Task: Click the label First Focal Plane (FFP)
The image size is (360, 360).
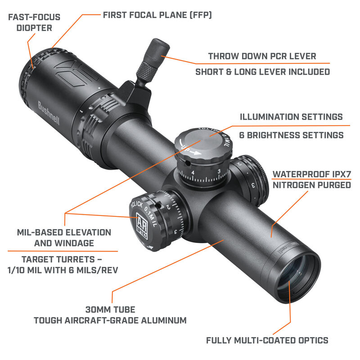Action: tap(157, 15)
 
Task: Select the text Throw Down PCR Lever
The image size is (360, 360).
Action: tap(262, 56)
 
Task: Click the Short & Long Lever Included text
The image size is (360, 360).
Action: tap(262, 72)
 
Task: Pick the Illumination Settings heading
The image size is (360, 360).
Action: tap(291, 117)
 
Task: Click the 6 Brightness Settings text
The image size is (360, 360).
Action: tap(291, 135)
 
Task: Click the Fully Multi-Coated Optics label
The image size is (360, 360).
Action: tap(267, 340)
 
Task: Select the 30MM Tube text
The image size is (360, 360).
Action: tap(110, 310)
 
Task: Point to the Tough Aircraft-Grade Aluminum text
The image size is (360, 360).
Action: tap(110, 320)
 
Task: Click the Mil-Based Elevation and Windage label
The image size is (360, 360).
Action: tap(64, 238)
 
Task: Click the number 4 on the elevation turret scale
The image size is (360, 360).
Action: tap(193, 172)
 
